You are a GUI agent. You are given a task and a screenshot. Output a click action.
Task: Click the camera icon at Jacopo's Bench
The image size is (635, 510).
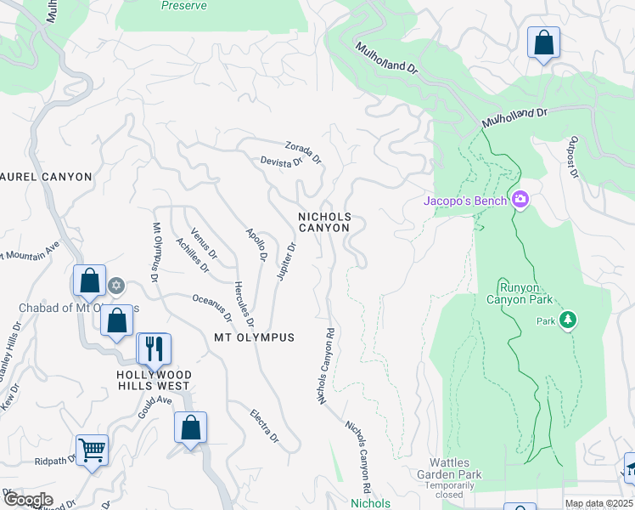click(x=520, y=200)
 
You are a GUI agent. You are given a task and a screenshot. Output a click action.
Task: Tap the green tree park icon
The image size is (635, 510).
click(x=568, y=320)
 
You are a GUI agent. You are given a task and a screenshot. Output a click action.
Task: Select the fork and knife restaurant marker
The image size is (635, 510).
click(x=154, y=348)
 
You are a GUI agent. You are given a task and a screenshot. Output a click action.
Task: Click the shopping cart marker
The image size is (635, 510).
click(x=92, y=449)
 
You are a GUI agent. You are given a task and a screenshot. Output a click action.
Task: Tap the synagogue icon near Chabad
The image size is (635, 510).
click(x=117, y=286)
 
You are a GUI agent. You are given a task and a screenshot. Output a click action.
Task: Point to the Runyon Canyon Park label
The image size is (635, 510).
click(x=520, y=292)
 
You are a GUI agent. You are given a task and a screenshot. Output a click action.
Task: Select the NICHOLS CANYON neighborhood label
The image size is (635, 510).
click(x=323, y=223)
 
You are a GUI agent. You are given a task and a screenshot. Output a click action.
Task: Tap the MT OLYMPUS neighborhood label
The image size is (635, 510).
click(x=254, y=337)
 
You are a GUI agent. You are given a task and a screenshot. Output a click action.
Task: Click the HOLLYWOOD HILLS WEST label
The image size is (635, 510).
click(x=154, y=380)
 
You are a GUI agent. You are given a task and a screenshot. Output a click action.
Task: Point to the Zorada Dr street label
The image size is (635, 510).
click(x=304, y=153)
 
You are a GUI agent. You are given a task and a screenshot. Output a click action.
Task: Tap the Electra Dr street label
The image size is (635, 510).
click(x=264, y=426)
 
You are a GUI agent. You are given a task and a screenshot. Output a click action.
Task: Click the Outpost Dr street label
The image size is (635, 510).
click(x=574, y=156)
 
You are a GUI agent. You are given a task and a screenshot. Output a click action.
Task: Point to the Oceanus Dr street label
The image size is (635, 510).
click(x=212, y=307)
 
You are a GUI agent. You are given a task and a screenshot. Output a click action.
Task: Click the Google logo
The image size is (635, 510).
click(x=28, y=499)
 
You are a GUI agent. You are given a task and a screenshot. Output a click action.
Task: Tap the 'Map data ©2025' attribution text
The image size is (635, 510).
click(x=598, y=504)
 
